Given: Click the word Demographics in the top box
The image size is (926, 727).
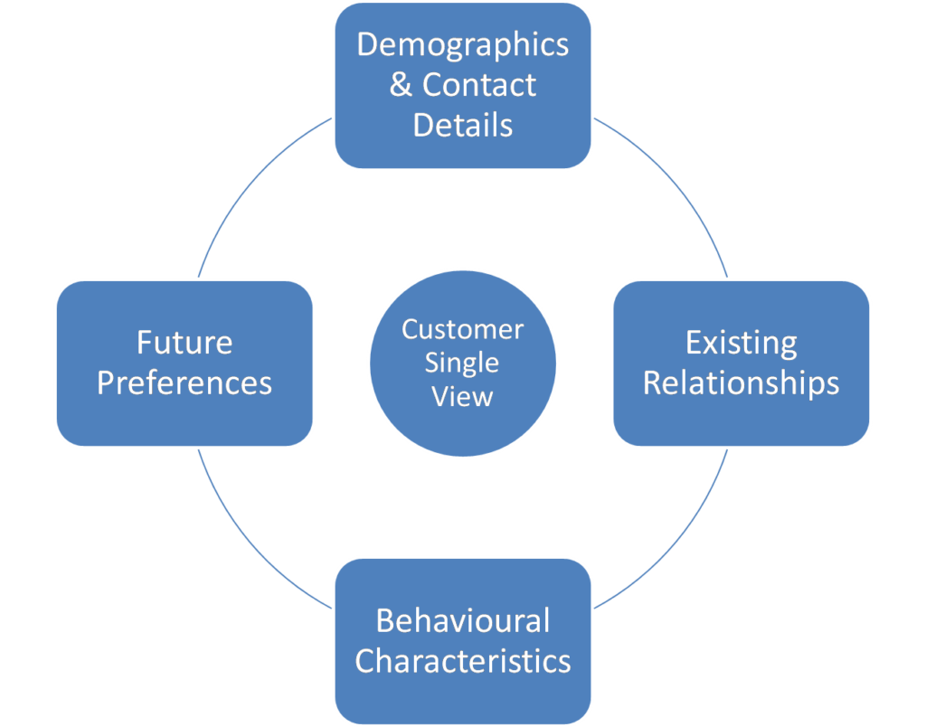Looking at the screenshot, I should click(x=463, y=45).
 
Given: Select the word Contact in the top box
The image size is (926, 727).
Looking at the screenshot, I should click(x=479, y=85).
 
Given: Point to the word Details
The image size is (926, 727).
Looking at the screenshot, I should click(x=463, y=125).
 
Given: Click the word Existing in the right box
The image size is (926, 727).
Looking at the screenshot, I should click(x=742, y=344).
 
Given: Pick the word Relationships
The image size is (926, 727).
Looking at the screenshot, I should click(x=742, y=383).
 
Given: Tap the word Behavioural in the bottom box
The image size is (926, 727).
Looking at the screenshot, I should click(x=463, y=621).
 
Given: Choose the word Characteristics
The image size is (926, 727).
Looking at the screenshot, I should click(x=463, y=661).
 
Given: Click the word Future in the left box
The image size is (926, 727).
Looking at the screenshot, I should click(x=184, y=344).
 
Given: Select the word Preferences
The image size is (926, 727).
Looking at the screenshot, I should click(x=184, y=383).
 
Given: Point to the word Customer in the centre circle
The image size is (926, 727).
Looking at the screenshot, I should click(x=463, y=329).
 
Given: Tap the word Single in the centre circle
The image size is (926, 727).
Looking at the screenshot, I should click(x=462, y=363).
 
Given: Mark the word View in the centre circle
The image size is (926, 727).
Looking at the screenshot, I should click(x=463, y=396).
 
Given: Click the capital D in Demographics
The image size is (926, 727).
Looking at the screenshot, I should click(x=366, y=45).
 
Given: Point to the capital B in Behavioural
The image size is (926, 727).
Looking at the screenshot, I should click(x=384, y=621).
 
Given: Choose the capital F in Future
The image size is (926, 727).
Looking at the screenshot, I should click(x=145, y=344).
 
